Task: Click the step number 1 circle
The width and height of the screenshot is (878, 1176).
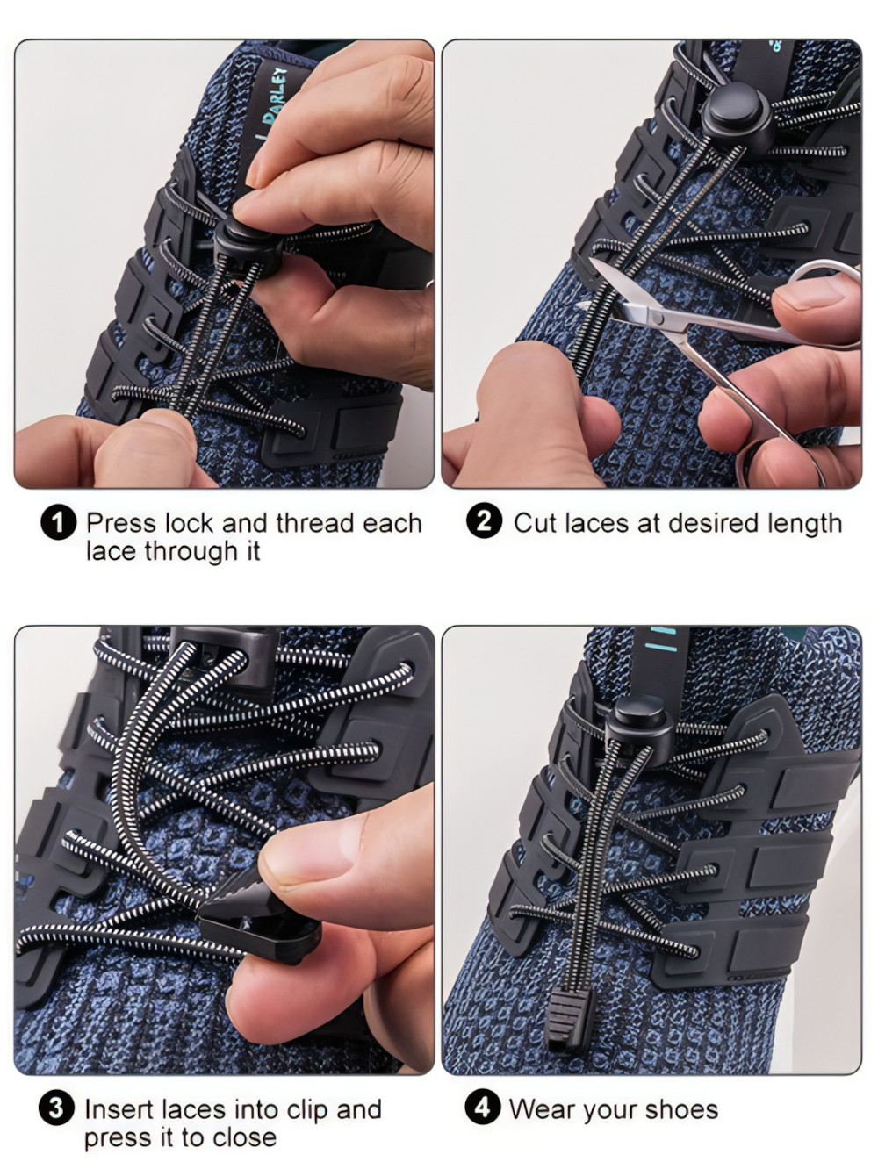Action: [58, 523]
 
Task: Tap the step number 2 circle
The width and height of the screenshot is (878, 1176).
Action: [484, 521]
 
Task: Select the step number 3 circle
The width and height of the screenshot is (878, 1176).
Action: [56, 1108]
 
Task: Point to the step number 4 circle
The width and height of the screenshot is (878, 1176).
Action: [482, 1108]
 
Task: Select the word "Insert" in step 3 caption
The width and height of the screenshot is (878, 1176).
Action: [121, 1109]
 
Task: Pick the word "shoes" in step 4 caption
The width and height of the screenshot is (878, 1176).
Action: [681, 1109]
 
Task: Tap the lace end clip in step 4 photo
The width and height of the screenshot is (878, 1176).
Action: [565, 1018]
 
